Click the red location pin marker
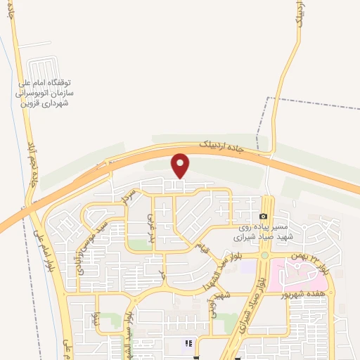(x=181, y=165)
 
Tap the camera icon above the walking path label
(x=263, y=217)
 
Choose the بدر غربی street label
(x=150, y=226)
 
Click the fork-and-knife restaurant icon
(x=188, y=343)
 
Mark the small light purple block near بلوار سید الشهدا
(x=247, y=266)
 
